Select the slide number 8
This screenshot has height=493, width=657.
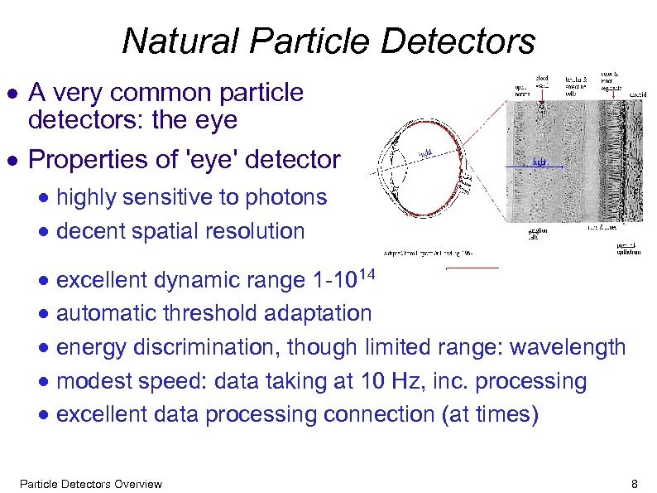coord(634,484)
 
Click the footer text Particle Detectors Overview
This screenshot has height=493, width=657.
coord(90,484)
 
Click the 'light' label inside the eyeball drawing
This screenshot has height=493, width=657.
coord(424,154)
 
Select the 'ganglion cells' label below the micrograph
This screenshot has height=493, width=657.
coord(539,235)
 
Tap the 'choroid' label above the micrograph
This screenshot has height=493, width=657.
coord(637,94)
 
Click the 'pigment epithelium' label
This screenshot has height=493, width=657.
coord(631,249)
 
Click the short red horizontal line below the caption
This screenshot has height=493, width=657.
coord(472,268)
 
